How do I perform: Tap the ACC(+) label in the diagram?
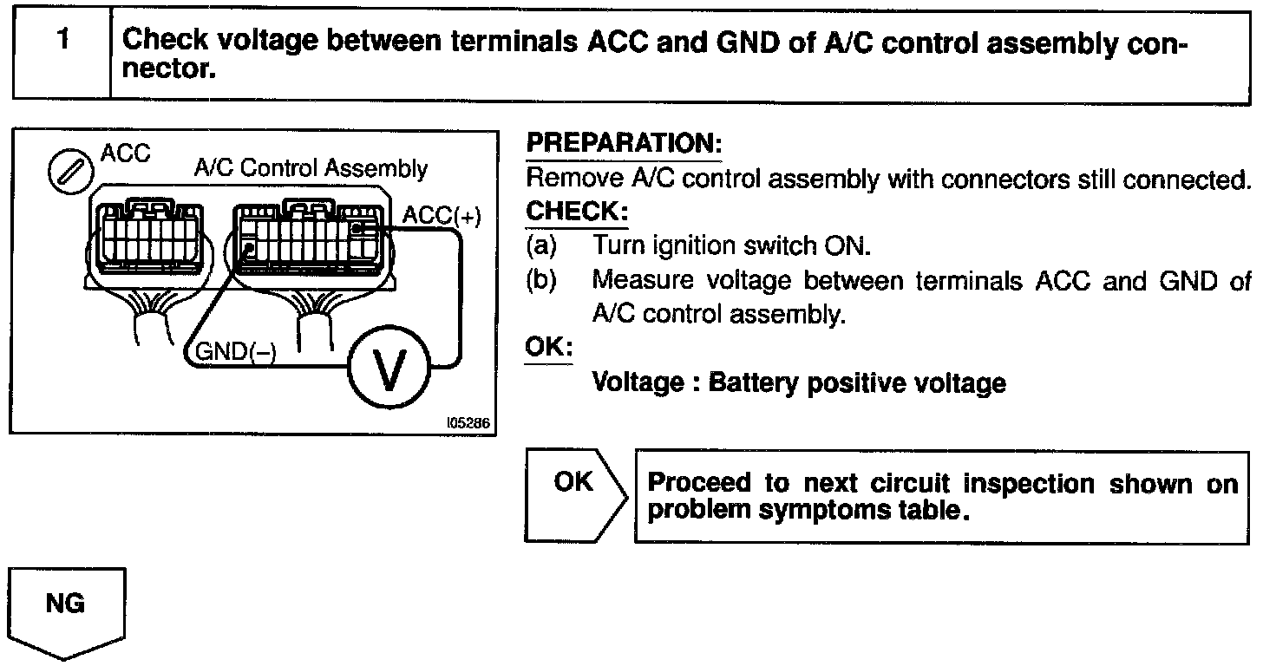click(441, 216)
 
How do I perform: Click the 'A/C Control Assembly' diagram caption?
click(311, 167)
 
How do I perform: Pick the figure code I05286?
click(468, 424)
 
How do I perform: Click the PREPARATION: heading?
click(624, 143)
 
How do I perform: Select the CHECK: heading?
click(577, 212)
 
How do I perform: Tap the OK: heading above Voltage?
click(549, 348)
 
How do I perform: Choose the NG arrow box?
click(67, 611)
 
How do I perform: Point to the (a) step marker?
click(540, 246)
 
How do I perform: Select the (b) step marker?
click(540, 281)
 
